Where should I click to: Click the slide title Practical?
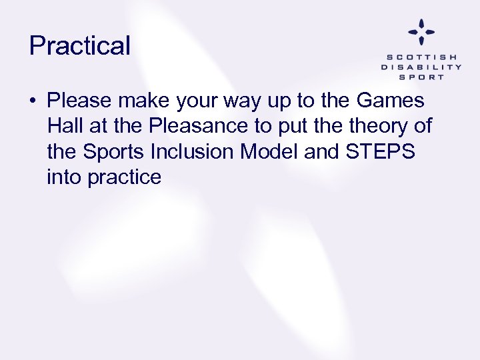point(80,46)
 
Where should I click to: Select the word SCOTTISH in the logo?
point(421,57)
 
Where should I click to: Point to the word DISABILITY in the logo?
point(421,67)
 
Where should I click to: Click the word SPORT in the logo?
point(421,77)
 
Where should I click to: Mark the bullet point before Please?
point(33,102)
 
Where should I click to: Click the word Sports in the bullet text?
point(115,152)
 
